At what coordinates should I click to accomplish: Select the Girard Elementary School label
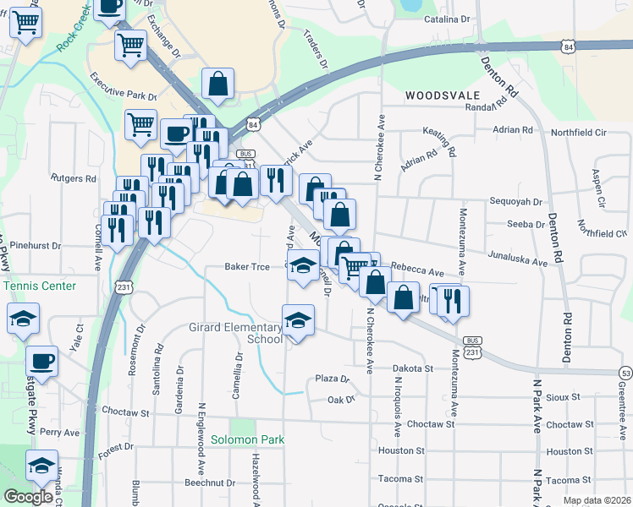[x=235, y=333]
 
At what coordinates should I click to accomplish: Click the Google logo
[x=28, y=497]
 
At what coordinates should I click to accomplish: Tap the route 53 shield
[x=625, y=373]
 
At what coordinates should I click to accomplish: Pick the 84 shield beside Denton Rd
[x=568, y=47]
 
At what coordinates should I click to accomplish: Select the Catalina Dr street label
[x=447, y=19]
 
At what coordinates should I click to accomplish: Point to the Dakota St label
[x=411, y=368]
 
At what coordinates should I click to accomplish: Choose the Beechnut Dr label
[x=210, y=482]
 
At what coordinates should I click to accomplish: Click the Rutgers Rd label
[x=74, y=178]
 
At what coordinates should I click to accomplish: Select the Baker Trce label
[x=247, y=267]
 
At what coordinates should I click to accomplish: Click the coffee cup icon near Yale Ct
[x=42, y=361]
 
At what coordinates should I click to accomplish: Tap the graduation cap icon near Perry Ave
[x=40, y=466]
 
